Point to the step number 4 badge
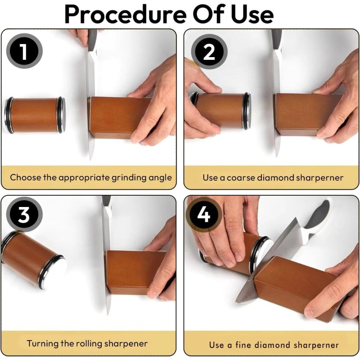point(204,215)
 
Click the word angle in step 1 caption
point(160,177)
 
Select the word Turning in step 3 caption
point(43,343)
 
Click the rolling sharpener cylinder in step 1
point(35,115)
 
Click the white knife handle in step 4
point(317,218)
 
